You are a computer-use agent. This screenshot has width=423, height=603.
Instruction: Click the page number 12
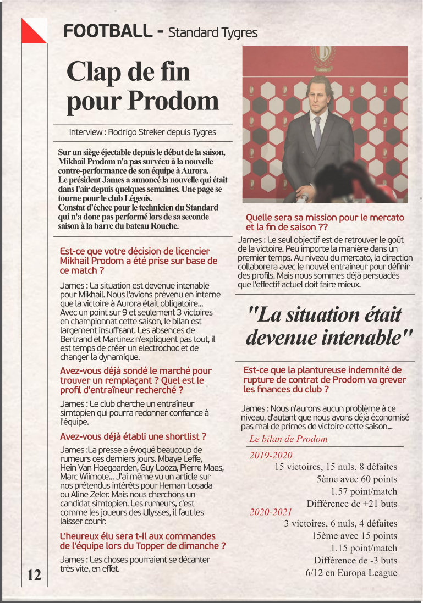34,575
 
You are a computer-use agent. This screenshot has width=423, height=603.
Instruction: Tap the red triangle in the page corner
30,32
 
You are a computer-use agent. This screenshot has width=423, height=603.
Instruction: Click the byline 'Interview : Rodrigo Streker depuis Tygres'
142,132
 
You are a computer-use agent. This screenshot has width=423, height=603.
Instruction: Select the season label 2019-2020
271,455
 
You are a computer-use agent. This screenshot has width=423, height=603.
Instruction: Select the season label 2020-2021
271,512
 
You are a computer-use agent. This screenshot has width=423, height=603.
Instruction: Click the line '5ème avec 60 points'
356,479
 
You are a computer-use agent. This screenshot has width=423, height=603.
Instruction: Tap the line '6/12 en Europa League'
351,573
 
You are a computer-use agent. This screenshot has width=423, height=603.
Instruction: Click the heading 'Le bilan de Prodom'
288,439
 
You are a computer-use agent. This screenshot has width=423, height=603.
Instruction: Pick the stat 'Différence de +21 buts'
351,504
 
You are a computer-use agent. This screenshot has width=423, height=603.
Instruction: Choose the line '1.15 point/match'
364,548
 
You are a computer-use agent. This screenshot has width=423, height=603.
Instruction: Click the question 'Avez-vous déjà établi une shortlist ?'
133,436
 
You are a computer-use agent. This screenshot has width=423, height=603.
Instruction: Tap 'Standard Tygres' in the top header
212,32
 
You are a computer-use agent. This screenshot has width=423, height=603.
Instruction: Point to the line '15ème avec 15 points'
354,536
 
